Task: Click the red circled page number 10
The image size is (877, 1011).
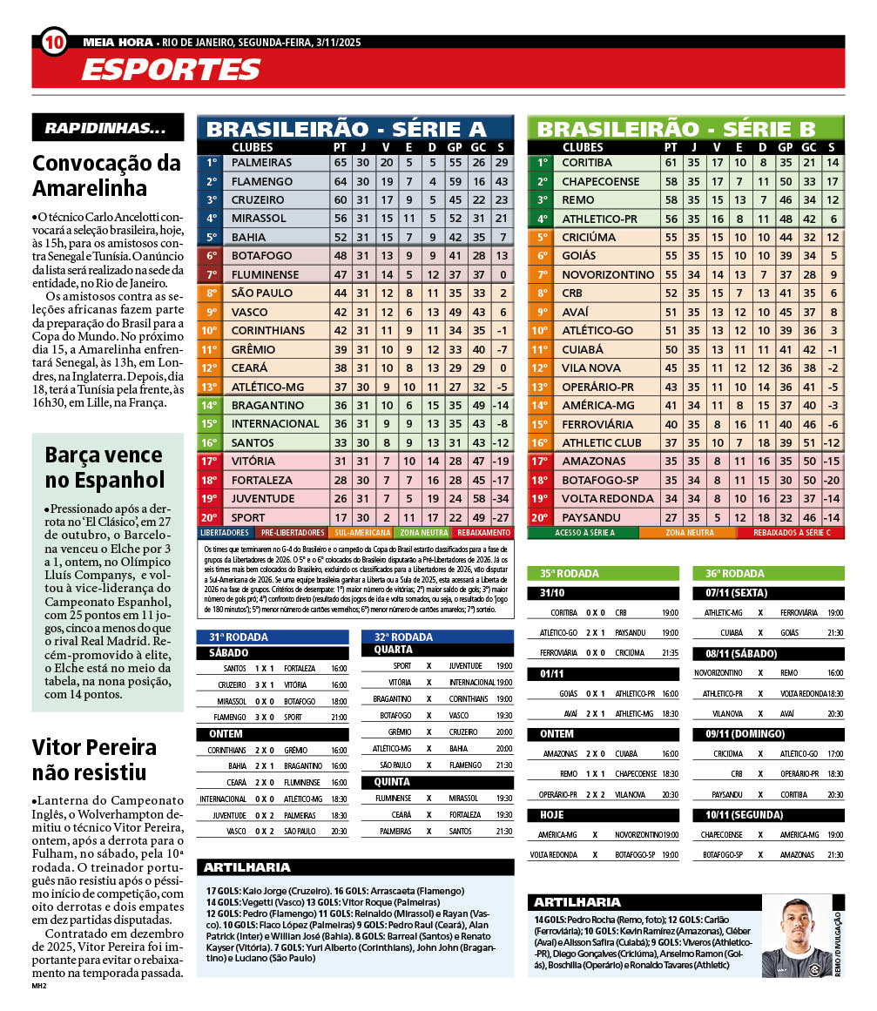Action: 53,41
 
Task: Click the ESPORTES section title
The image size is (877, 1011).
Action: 171,70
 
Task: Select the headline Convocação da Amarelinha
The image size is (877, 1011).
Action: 106,175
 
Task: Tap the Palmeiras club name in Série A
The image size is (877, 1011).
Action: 262,163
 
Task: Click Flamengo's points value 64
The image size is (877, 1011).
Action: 340,181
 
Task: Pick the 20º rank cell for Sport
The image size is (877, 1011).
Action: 210,517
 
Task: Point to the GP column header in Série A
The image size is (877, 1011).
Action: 454,147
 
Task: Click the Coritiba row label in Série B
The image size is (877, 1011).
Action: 587,162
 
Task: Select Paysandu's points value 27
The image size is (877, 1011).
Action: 671,517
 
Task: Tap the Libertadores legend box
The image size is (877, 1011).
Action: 225,532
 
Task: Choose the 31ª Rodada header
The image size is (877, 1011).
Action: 232,637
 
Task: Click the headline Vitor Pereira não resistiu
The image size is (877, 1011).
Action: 94,759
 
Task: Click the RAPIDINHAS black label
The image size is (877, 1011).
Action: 107,128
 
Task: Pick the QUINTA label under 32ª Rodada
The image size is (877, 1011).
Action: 391,782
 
